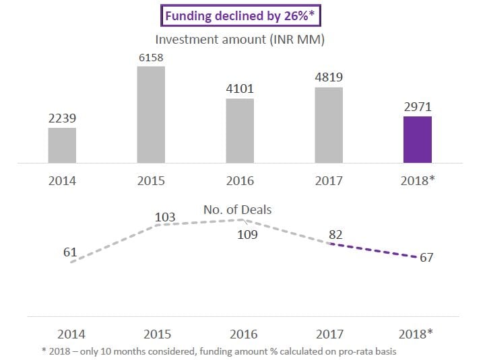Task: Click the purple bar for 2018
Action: pos(417,139)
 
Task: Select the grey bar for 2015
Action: pos(151,114)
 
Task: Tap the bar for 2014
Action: pos(62,145)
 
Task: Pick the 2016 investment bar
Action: pos(240,131)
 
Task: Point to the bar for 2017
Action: pos(329,125)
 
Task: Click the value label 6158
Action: pos(151,58)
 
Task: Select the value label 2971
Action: pos(417,108)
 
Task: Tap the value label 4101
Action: pos(240,89)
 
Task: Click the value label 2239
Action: pos(62,118)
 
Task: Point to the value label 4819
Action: pos(329,78)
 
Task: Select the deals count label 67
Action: pos(426,258)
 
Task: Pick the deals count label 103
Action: pos(165,217)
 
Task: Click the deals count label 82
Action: pos(336,234)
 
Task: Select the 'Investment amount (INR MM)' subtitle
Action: pos(240,40)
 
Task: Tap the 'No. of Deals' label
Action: pos(238,209)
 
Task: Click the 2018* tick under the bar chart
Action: pos(417,181)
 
